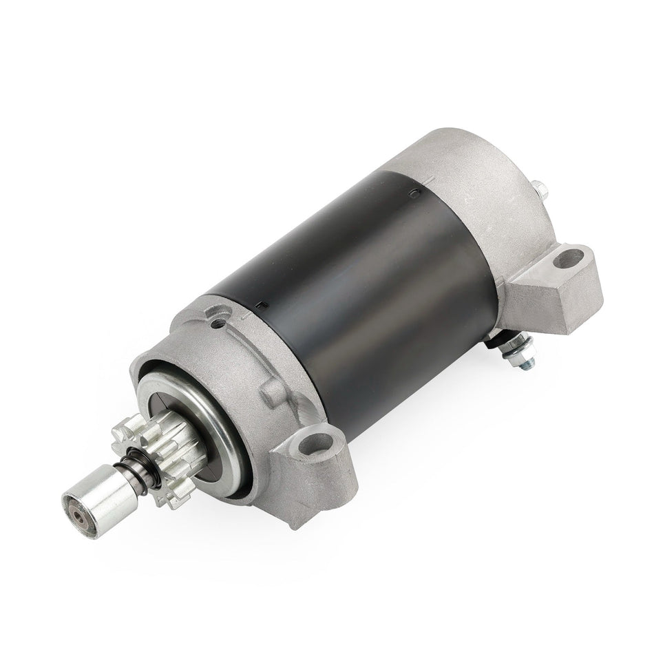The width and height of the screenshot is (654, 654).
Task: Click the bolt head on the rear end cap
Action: click(x=542, y=188)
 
